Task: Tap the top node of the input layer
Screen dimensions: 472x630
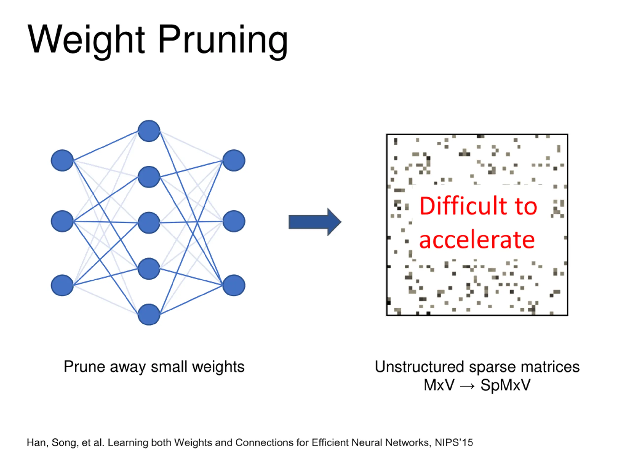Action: [62, 161]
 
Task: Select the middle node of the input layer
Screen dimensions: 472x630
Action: [62, 221]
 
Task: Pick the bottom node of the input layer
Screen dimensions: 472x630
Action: [62, 285]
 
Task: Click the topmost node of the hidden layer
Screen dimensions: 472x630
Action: [149, 131]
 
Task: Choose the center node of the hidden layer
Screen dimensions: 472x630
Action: [149, 223]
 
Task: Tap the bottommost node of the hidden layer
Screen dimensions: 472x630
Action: [149, 314]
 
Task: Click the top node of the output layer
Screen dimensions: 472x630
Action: [234, 161]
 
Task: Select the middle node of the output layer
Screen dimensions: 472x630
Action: [234, 221]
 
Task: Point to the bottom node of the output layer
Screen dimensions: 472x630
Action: [234, 285]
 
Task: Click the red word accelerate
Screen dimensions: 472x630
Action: [477, 240]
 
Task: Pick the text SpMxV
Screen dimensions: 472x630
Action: [505, 385]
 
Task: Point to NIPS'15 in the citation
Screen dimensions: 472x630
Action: [454, 443]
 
